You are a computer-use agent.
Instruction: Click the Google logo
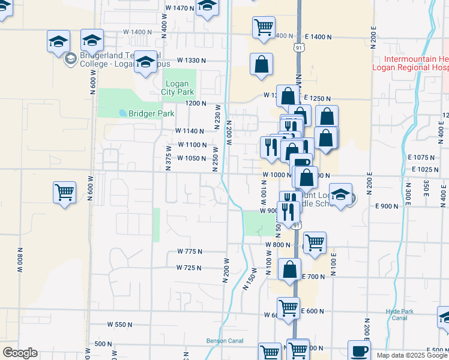pyautogui.click(x=20, y=353)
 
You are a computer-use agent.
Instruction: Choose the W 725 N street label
pyautogui.click(x=188, y=268)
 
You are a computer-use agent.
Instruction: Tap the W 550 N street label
pyautogui.click(x=119, y=325)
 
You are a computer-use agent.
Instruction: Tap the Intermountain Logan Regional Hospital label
pyautogui.click(x=411, y=64)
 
